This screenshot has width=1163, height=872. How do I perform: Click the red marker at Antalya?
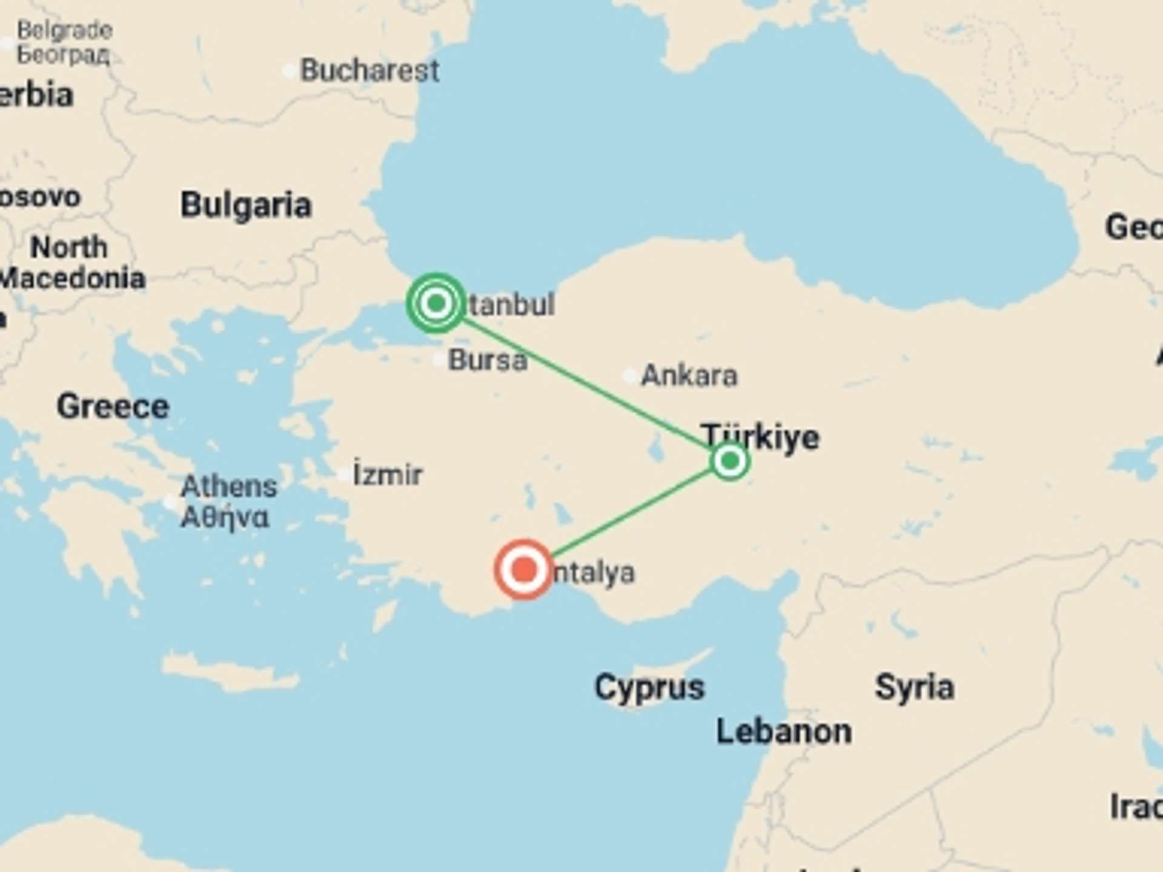524,569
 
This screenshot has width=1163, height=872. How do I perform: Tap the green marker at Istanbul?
436,302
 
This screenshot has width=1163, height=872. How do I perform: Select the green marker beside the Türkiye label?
730,461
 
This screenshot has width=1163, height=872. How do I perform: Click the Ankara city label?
689,375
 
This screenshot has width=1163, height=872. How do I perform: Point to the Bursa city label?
488,360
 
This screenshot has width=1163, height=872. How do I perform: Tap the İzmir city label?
388,474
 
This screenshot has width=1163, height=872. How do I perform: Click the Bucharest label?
370,70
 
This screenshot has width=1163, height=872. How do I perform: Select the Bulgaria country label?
246,205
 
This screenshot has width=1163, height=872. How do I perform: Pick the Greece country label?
113,406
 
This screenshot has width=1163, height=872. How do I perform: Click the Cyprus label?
649,687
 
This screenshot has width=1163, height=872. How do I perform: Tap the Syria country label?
915,687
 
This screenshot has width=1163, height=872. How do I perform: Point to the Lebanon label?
784,732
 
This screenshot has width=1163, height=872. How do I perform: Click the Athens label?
228,486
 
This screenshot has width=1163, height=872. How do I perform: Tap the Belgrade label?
64,30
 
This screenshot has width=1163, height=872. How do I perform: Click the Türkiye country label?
761,436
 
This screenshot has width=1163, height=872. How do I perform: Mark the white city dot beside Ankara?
630,376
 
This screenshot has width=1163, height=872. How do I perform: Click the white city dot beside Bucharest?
290,71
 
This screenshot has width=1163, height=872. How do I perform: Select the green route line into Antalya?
630,515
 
